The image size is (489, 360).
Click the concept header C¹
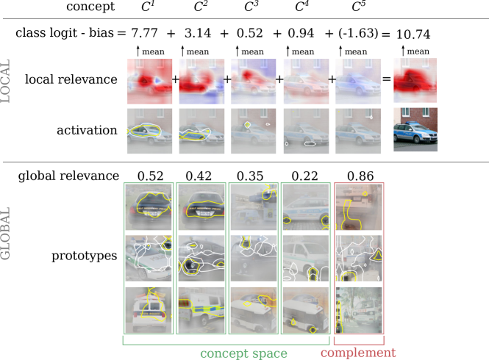(148, 6)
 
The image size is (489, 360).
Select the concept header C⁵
(359, 6)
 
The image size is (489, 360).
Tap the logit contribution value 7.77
(144, 33)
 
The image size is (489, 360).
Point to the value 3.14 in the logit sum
(198, 33)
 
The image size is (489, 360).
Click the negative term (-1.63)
(358, 33)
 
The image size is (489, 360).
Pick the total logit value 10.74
(413, 35)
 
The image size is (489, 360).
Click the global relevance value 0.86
(360, 176)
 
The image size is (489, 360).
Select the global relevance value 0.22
(304, 176)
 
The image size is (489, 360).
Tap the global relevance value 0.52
(150, 176)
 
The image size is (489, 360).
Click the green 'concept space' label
(243, 353)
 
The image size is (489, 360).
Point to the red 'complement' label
(358, 353)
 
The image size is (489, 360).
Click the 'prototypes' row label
(85, 256)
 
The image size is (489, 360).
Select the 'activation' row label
(87, 130)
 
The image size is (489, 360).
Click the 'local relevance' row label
(71, 79)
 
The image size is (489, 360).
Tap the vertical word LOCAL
(5, 81)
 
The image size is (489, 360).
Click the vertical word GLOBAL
(5, 233)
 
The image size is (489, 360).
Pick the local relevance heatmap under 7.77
(150, 81)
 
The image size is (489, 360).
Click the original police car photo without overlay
(415, 129)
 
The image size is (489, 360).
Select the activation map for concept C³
(253, 131)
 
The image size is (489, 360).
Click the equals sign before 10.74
(386, 35)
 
